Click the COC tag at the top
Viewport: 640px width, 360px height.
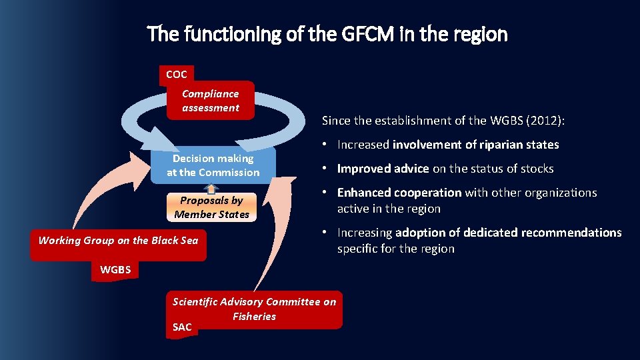[176, 75]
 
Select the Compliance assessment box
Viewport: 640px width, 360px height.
[211, 101]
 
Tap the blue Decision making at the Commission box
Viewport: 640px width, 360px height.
[213, 165]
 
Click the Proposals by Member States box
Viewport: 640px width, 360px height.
[211, 207]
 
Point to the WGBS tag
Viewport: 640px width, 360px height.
[115, 271]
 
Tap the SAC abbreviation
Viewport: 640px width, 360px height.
[182, 327]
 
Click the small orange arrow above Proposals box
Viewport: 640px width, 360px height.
[211, 189]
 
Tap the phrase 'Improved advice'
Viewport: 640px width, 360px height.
[383, 169]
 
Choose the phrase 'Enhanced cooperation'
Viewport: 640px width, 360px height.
[399, 193]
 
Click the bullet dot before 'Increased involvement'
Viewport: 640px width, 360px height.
[323, 145]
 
